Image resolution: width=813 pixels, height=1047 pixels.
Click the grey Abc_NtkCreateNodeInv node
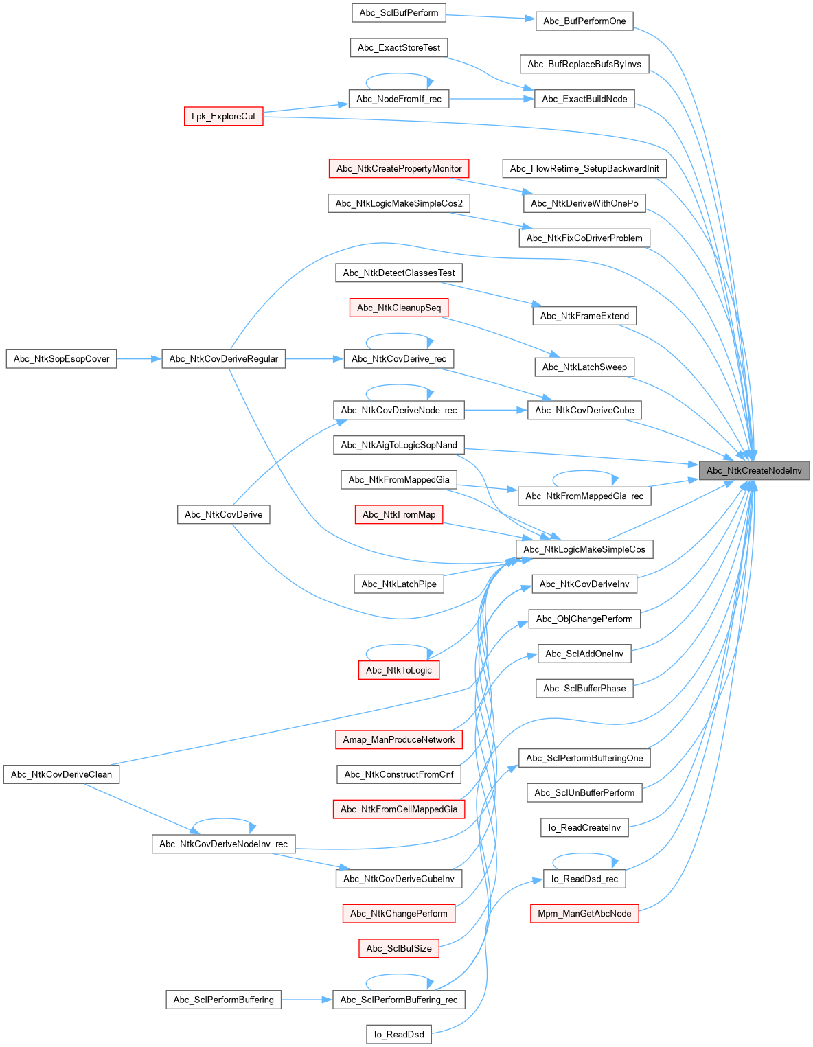click(754, 470)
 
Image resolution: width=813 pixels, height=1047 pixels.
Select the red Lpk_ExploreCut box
click(223, 116)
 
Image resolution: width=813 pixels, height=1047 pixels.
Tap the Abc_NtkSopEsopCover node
click(61, 358)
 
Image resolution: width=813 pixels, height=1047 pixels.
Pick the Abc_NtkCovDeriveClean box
click(62, 774)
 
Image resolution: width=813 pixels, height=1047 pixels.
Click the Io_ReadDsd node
click(399, 1034)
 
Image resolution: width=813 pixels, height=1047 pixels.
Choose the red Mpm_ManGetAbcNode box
click(584, 913)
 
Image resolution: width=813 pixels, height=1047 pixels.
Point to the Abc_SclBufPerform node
click(398, 12)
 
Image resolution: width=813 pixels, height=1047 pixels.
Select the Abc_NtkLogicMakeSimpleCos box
click(584, 549)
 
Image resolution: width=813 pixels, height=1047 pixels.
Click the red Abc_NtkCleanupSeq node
click(399, 308)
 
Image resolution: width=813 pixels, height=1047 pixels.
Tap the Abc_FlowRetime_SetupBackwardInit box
click(584, 168)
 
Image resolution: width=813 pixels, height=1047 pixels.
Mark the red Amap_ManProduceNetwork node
click(398, 739)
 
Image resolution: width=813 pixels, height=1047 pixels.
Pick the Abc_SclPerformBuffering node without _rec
click(223, 1000)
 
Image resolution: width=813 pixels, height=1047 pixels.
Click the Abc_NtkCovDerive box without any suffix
click(223, 514)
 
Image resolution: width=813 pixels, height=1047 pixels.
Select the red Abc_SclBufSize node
click(398, 948)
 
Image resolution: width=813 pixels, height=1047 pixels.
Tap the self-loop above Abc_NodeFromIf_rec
click(399, 76)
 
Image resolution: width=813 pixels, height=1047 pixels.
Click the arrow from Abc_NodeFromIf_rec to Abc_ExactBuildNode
click(491, 99)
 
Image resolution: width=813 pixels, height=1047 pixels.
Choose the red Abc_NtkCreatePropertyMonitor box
click(399, 168)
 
